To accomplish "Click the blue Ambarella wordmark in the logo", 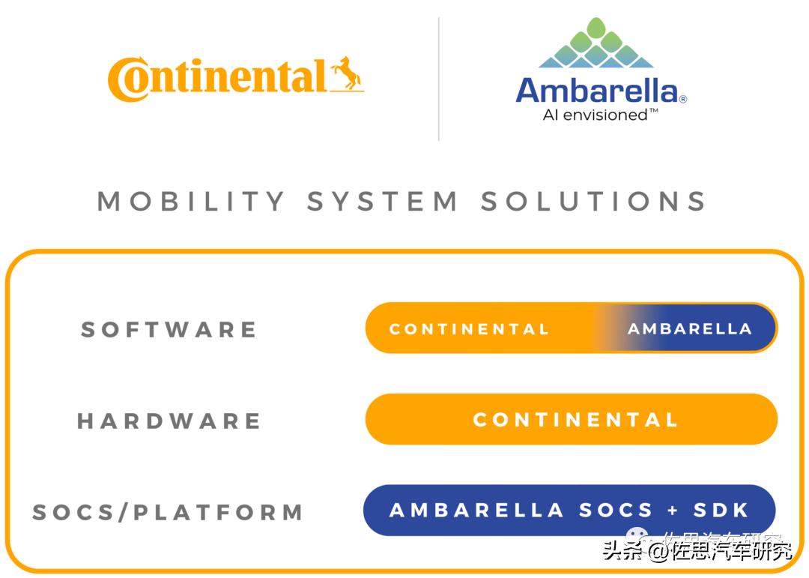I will tap(596, 91).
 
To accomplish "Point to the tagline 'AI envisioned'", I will tap(600, 115).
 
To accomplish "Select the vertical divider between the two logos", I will tap(438, 79).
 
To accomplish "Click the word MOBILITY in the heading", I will tap(192, 201).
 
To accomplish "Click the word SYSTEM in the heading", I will tap(383, 201).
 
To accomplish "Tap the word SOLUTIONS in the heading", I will tap(594, 201).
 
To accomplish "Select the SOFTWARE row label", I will tap(169, 329).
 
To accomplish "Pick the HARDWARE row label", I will tap(169, 421).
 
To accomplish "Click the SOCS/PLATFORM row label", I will tap(169, 513).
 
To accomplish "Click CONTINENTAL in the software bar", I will tap(469, 329).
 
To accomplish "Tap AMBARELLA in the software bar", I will tap(689, 329).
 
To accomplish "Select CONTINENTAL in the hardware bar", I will tap(575, 420).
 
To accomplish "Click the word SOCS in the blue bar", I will tap(616, 511).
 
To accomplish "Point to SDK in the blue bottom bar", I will tap(721, 511).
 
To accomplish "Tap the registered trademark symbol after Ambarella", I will tap(682, 98).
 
